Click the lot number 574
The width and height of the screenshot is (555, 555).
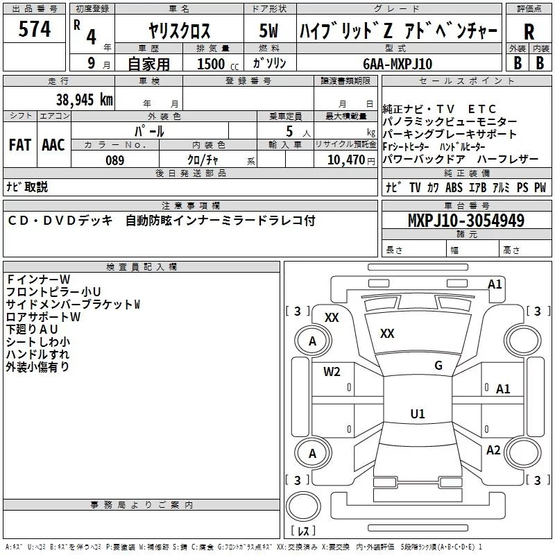(35, 29)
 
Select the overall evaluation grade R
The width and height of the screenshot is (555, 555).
(529, 31)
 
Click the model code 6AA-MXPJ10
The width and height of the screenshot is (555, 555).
(398, 63)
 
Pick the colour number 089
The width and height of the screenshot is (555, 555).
(114, 160)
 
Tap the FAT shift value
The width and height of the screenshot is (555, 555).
(19, 144)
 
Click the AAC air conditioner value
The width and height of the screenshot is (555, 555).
(53, 144)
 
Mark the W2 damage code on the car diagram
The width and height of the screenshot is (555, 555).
(332, 371)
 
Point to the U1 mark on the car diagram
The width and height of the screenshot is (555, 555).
(417, 413)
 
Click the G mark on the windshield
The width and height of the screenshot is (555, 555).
(438, 366)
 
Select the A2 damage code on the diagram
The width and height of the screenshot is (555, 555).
(493, 450)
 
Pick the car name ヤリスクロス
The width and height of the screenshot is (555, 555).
(179, 31)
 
